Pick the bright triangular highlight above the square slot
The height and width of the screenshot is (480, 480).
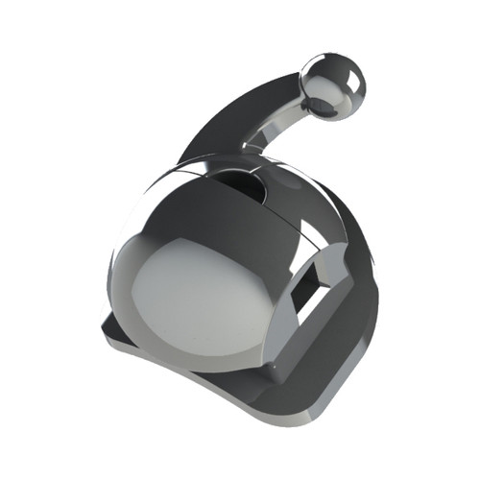(x=312, y=230)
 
